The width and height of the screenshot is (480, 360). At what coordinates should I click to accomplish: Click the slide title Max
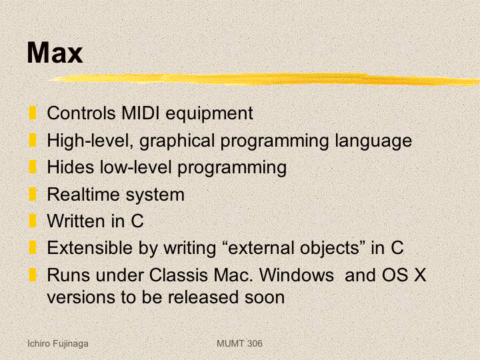[x=55, y=53]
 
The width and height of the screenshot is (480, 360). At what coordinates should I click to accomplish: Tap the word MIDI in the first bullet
[x=140, y=113]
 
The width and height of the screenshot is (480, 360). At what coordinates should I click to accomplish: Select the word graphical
[x=177, y=141]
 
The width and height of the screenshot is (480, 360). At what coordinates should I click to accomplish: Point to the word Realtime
[x=83, y=195]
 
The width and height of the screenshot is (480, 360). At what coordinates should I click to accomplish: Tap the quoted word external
[x=263, y=247]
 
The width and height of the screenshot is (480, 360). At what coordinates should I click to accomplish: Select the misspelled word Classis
[x=179, y=275]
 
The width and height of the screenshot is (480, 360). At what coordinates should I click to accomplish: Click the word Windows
[x=296, y=275]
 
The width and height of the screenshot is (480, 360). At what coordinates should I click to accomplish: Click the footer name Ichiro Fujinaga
[x=58, y=344]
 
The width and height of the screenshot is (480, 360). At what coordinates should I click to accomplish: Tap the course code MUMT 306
[x=239, y=343]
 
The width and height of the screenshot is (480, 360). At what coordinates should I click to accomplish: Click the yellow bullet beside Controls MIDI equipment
[x=33, y=113]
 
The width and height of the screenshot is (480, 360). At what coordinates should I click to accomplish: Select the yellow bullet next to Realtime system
[x=33, y=194]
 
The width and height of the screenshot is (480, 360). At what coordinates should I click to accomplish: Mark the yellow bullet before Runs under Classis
[x=33, y=275]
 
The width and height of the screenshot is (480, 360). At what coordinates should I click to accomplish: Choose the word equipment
[x=209, y=113]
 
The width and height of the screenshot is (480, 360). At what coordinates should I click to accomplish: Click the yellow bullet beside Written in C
[x=33, y=221]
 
